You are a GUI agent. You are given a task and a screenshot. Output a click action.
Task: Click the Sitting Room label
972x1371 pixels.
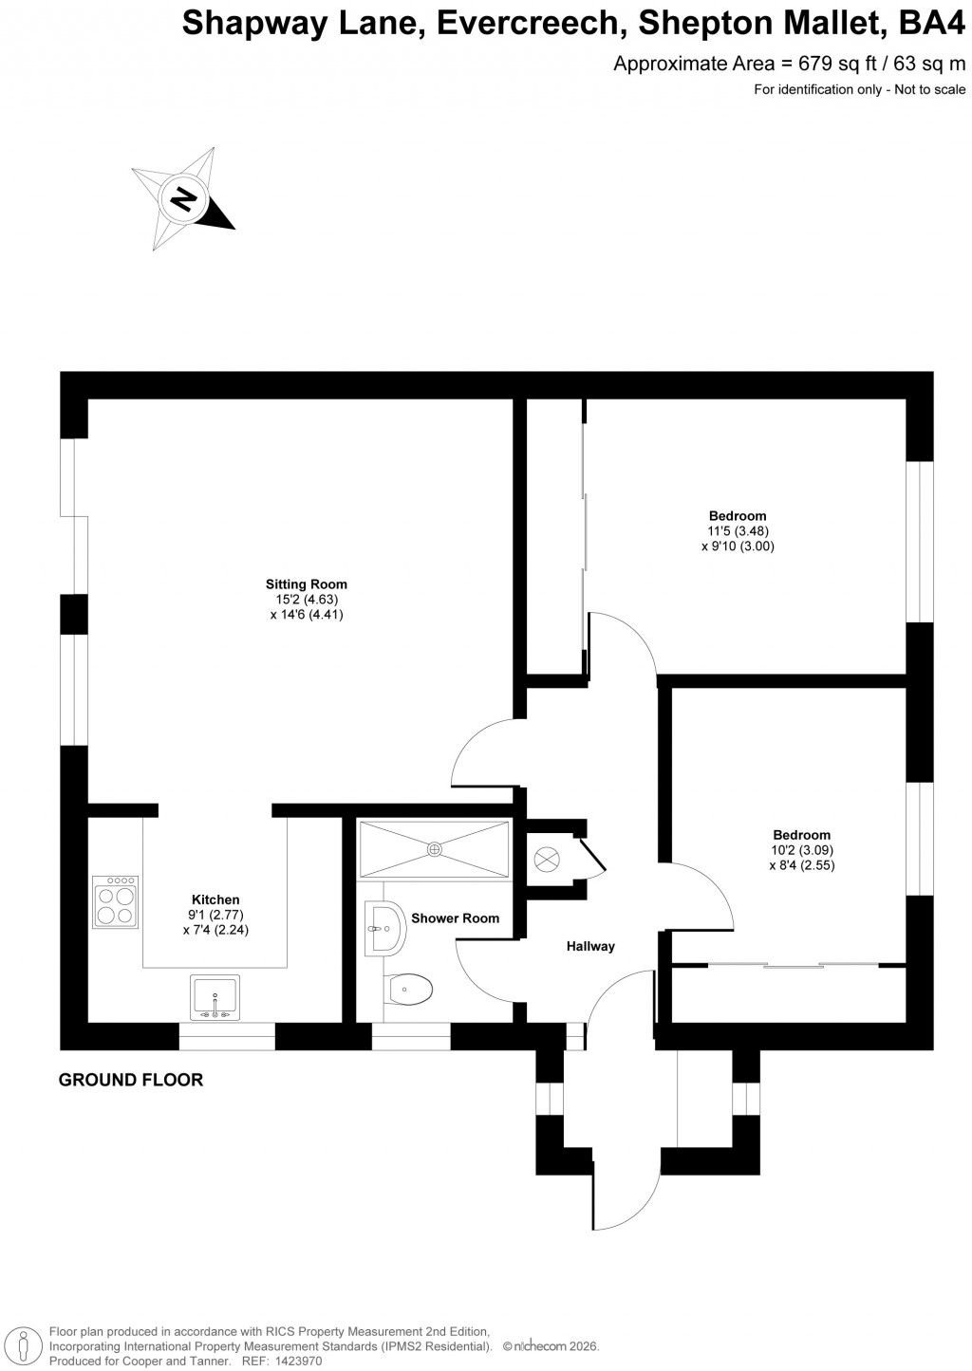point(306,584)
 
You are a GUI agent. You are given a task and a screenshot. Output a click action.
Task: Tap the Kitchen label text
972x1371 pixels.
point(215,899)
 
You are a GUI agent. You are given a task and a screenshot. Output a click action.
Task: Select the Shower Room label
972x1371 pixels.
point(455,918)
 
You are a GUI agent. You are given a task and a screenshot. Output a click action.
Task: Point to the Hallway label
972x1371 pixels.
point(590,946)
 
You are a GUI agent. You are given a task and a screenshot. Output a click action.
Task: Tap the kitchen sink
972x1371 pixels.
point(215,997)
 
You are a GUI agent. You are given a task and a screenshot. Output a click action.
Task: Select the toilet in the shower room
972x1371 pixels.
point(410,990)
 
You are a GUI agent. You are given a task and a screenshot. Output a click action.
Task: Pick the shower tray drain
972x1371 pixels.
point(435,849)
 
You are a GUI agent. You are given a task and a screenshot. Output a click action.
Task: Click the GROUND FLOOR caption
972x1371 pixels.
point(131,1080)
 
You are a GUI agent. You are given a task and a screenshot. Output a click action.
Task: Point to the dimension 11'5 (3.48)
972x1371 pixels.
point(737,531)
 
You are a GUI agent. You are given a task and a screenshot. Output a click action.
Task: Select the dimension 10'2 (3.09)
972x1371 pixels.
point(801,850)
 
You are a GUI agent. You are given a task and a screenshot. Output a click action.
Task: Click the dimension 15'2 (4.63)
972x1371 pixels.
point(306,600)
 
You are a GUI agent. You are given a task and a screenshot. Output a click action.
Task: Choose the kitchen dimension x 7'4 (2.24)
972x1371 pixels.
point(215,930)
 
